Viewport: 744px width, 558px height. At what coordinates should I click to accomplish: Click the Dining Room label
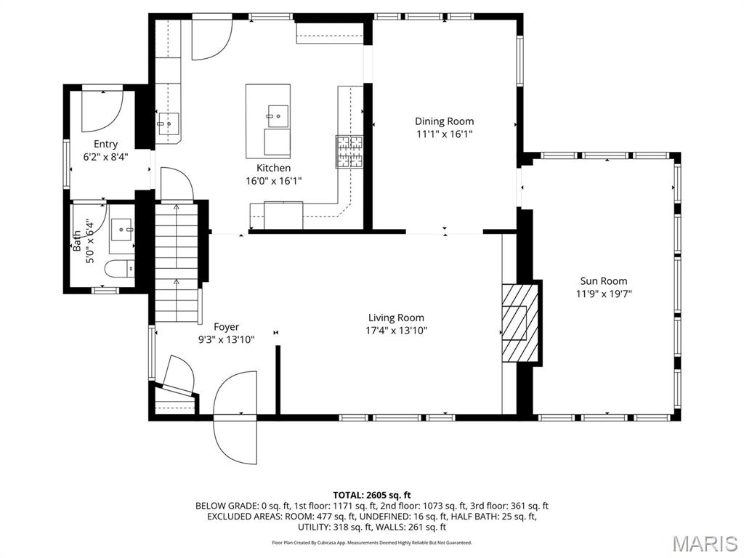[x=444, y=121]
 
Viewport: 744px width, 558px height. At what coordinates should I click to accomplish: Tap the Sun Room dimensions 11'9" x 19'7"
[x=603, y=294]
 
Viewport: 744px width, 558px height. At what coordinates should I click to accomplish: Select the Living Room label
[x=396, y=318]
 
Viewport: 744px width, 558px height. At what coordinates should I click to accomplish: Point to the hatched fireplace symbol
[x=520, y=321]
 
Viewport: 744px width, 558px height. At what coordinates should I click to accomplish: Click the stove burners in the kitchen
[x=349, y=151]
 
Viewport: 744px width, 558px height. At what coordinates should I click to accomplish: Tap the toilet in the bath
[x=121, y=269]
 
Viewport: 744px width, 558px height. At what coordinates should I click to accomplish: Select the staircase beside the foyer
[x=177, y=262]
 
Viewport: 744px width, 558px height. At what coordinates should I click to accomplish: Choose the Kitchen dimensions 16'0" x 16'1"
[x=273, y=181]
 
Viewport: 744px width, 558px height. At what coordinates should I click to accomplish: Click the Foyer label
[x=226, y=327]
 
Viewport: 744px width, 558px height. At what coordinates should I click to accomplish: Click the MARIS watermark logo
[x=704, y=543]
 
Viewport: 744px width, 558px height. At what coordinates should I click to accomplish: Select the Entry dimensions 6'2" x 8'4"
[x=105, y=156]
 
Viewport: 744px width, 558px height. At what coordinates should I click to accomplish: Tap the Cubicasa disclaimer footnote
[x=371, y=543]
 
